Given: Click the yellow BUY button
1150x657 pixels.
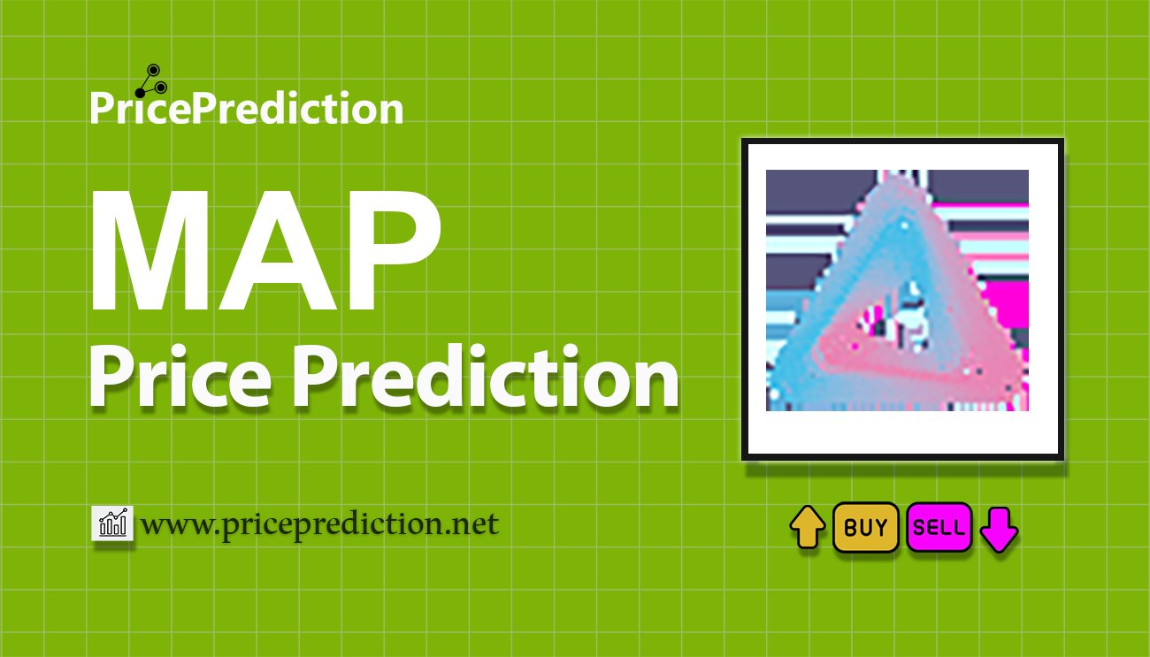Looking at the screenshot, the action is [x=865, y=527].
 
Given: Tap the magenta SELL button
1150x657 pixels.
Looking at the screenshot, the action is [x=939, y=527].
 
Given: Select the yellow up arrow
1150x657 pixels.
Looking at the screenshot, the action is [x=808, y=527].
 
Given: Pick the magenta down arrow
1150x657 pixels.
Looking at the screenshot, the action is [x=999, y=530].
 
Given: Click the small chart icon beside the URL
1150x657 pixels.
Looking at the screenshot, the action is [x=112, y=523].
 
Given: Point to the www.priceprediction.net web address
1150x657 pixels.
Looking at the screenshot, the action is [x=319, y=524].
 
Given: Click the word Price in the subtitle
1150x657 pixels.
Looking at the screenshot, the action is [x=180, y=377].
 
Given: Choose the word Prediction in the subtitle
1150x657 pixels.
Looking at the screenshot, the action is [x=486, y=377].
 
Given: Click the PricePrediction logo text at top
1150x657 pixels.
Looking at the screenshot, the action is [x=247, y=107].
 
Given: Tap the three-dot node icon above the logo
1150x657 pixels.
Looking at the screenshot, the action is [x=151, y=81].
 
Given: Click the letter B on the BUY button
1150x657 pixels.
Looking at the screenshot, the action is [x=850, y=527].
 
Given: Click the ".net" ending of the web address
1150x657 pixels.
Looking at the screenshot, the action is [x=471, y=525].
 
